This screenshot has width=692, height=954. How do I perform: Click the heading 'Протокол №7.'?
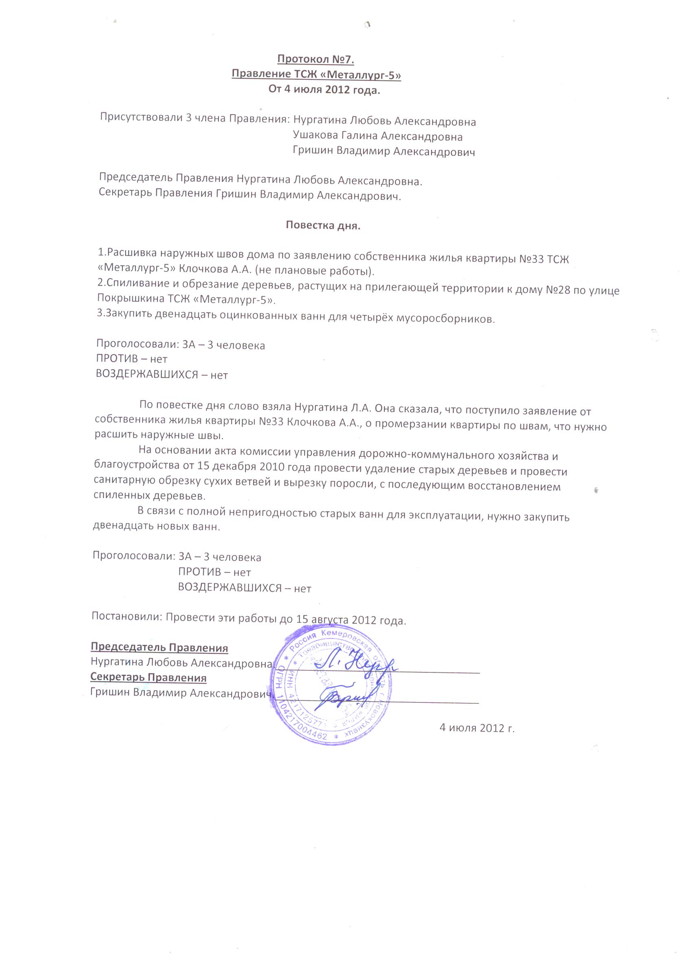coord(315,60)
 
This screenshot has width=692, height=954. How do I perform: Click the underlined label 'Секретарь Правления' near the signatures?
coord(149,677)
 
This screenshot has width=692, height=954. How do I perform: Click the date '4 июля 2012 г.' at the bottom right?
coord(477,727)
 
